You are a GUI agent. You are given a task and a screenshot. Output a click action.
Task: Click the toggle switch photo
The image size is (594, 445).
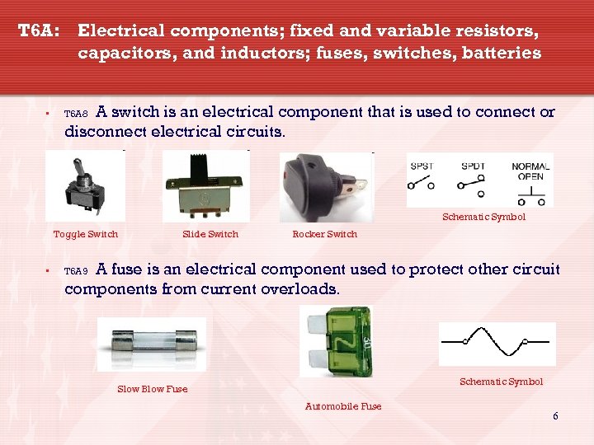[85, 187]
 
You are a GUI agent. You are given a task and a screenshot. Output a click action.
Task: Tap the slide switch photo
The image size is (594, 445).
[206, 187]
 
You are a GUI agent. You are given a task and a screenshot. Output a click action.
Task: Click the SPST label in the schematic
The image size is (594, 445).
[422, 166]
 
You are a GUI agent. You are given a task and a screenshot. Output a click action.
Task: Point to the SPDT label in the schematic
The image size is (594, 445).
[473, 166]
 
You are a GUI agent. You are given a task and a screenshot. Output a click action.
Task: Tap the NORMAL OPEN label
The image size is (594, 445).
[530, 171]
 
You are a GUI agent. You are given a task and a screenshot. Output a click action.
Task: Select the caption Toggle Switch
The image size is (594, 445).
[86, 234]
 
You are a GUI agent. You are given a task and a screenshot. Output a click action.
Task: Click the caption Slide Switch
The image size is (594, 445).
[210, 234]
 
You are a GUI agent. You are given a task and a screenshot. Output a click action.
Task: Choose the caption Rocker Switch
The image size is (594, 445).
[325, 234]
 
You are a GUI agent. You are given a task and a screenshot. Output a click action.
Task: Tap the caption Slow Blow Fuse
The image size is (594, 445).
[153, 389]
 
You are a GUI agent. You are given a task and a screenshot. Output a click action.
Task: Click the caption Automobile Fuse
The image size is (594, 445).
[343, 405]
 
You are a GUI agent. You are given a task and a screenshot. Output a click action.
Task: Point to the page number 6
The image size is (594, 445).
[555, 416]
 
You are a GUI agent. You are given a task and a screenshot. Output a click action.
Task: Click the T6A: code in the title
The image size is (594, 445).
[39, 31]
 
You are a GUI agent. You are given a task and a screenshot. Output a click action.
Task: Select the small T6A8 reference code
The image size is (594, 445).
[76, 114]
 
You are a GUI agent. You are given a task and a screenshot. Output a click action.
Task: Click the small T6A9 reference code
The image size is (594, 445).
[76, 271]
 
